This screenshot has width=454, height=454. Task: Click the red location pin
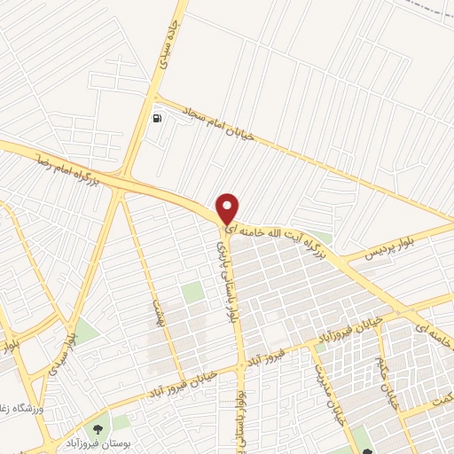(x=228, y=207)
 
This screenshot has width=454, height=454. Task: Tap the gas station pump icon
(x=158, y=118)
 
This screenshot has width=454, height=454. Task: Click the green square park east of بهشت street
(x=192, y=293)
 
